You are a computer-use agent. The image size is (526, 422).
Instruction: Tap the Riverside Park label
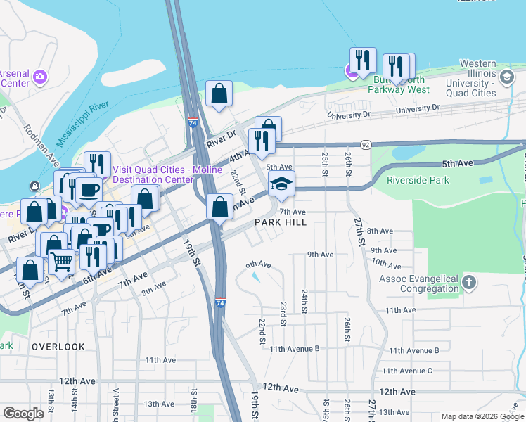coord(418,180)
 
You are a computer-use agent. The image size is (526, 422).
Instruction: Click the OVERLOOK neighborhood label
coord(58,347)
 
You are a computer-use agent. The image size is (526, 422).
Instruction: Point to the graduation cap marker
coord(281,184)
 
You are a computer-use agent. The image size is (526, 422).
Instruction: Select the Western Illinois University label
coord(461,83)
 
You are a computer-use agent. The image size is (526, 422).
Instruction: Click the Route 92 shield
coord(365,144)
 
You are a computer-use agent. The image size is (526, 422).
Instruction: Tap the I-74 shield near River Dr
coord(193,122)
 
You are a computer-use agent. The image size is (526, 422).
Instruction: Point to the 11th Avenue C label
coord(406,371)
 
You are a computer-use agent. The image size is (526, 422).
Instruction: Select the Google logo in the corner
coord(23,414)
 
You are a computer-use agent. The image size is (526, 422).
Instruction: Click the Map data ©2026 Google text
coord(482,416)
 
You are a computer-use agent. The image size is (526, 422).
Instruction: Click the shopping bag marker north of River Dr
coord(219,94)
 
